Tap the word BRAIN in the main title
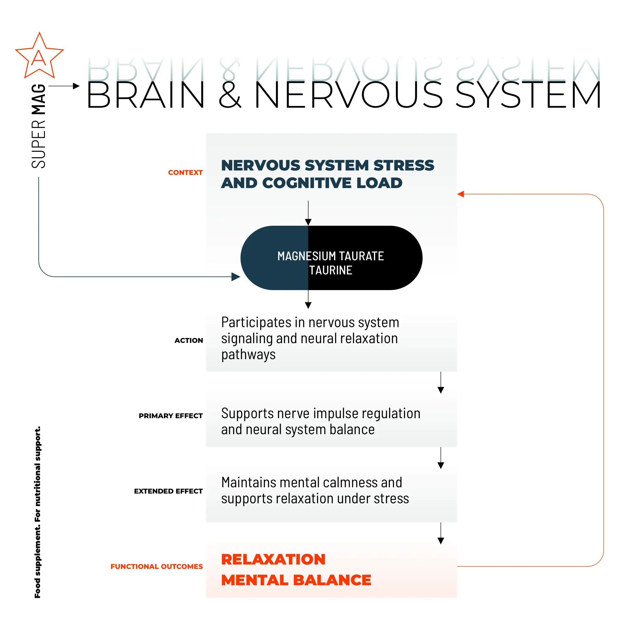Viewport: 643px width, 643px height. click(x=145, y=95)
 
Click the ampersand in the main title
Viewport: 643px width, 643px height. click(x=230, y=95)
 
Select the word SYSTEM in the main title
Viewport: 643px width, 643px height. click(x=528, y=95)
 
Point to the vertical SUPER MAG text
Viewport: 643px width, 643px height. click(x=39, y=126)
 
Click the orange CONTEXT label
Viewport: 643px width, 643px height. click(x=185, y=172)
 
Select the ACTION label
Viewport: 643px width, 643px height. click(x=188, y=340)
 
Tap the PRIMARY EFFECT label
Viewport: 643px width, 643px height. click(x=170, y=416)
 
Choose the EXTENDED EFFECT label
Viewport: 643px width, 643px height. click(x=168, y=491)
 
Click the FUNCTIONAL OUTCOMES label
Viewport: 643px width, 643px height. click(x=156, y=566)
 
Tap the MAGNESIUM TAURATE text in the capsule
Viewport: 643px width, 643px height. click(x=331, y=256)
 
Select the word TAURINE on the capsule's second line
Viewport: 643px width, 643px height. click(x=331, y=270)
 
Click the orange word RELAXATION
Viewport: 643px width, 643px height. click(x=273, y=559)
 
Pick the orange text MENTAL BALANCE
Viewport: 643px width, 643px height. click(x=296, y=580)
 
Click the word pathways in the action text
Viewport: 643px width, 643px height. click(x=248, y=355)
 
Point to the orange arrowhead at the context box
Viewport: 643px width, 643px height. click(x=461, y=194)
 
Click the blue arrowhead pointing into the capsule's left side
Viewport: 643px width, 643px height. click(x=236, y=277)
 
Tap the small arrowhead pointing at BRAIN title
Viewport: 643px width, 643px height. click(x=76, y=86)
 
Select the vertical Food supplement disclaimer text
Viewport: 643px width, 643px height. click(x=38, y=512)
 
